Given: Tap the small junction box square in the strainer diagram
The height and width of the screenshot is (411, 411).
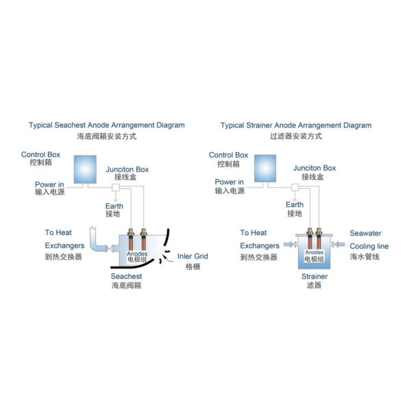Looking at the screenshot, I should point(295,186).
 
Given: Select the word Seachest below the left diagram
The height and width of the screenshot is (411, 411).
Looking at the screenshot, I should point(127,276).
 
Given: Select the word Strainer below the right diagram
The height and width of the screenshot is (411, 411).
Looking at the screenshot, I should point(314,276).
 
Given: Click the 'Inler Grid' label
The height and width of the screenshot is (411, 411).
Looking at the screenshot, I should point(192,257).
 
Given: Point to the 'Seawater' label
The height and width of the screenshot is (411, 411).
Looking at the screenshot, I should point(366,233).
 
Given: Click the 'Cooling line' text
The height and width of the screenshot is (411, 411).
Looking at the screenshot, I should point(369,246).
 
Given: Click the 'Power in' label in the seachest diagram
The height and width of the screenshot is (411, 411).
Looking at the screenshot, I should point(49,184).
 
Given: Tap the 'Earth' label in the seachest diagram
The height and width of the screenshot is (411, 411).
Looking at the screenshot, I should point(114,205).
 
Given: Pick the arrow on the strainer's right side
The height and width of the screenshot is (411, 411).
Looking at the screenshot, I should point(340,245).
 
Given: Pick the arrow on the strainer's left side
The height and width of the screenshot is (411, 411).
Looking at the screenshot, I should point(288,245).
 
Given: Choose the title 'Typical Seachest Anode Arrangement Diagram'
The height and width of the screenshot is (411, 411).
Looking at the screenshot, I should point(107,125).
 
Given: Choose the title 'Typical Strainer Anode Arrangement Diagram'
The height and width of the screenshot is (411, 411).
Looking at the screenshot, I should point(296,125).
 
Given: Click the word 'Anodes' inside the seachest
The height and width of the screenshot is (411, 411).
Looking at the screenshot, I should point(138,253).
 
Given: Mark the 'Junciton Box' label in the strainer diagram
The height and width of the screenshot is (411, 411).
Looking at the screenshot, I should point(314,167).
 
